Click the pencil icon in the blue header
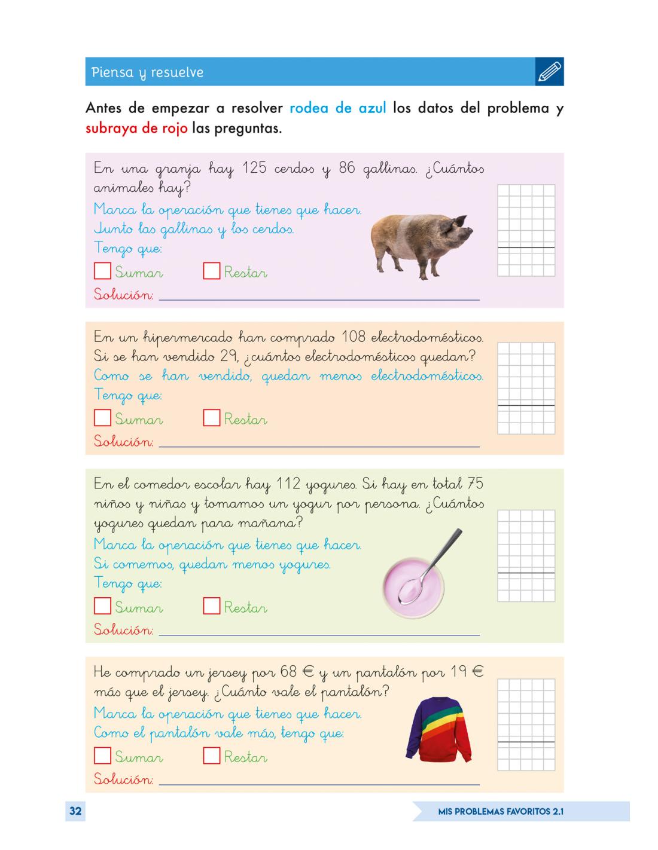click(550, 72)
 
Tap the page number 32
click(75, 811)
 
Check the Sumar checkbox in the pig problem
click(102, 271)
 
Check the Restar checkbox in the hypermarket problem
click(211, 418)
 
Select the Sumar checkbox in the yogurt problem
click(102, 606)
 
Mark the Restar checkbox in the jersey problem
click(211, 756)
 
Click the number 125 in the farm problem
click(254, 168)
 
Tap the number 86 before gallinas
click(347, 168)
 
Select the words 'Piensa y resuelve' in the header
click(147, 72)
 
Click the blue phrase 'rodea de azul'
click(338, 108)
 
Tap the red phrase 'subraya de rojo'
click(136, 128)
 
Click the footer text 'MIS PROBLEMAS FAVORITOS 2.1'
click(501, 812)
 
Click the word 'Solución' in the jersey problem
click(123, 779)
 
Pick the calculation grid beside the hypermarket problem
click(526, 388)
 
